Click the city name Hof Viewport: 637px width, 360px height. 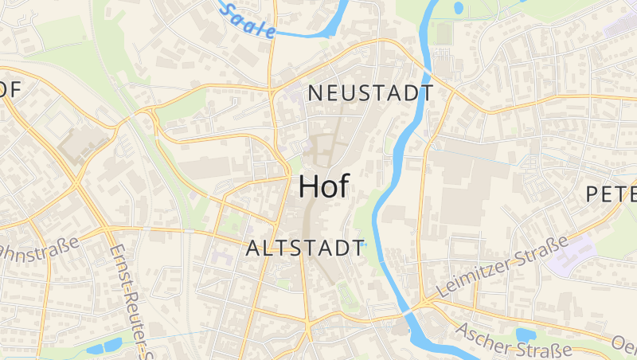(x=323, y=186)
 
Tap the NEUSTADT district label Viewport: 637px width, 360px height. (x=370, y=93)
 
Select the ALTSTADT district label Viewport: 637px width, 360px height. (x=305, y=248)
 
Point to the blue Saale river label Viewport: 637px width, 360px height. (x=248, y=21)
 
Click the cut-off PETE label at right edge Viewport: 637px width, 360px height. (x=612, y=194)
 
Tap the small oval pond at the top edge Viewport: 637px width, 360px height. (x=458, y=8)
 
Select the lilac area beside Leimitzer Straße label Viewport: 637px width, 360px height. (x=577, y=250)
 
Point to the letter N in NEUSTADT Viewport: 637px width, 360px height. (x=314, y=93)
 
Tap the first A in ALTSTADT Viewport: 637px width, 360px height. (x=253, y=248)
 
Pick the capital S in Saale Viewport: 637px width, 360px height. (x=230, y=10)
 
